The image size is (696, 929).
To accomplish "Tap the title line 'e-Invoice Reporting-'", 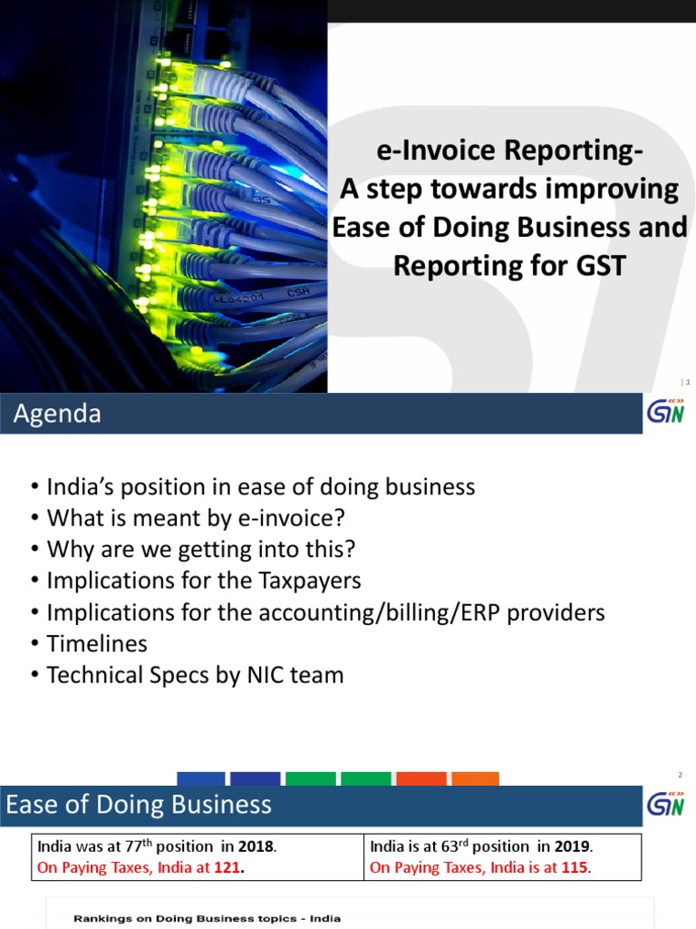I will point(509,152).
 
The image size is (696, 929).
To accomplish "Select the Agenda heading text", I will point(57,415).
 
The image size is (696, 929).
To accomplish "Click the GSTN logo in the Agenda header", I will point(664,413).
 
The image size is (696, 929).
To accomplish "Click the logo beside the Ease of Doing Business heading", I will point(664,804).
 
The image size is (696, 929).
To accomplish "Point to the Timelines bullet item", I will point(96,643).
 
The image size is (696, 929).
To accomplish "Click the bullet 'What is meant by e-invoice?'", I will point(196,518).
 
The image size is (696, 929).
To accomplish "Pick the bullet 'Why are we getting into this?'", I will point(201,549).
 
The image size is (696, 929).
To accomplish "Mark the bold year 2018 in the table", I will point(256,846).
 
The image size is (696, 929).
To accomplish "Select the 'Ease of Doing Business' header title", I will point(139,804).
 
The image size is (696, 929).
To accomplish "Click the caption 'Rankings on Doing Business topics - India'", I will point(208,918).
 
